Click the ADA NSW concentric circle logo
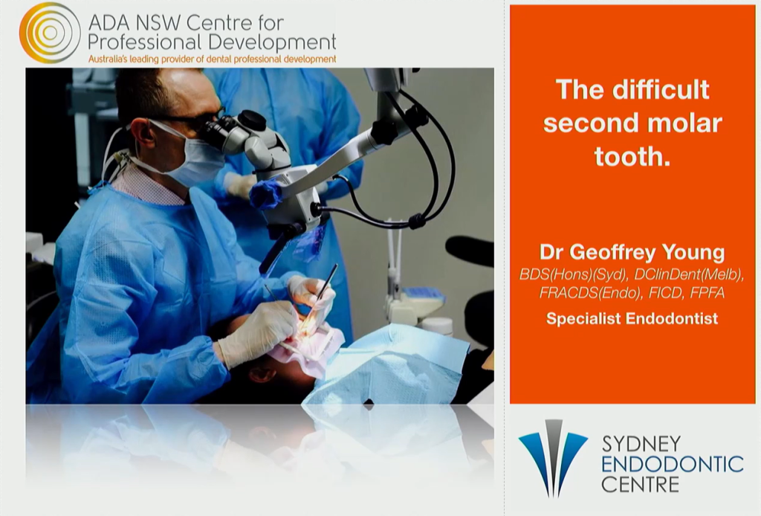[50, 33]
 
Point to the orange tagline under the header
[212, 59]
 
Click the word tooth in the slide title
[632, 156]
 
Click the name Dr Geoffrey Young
[632, 252]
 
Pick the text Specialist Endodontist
[632, 318]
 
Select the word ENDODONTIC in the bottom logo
[672, 464]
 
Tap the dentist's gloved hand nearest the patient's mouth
[257, 331]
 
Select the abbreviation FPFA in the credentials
[707, 293]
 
